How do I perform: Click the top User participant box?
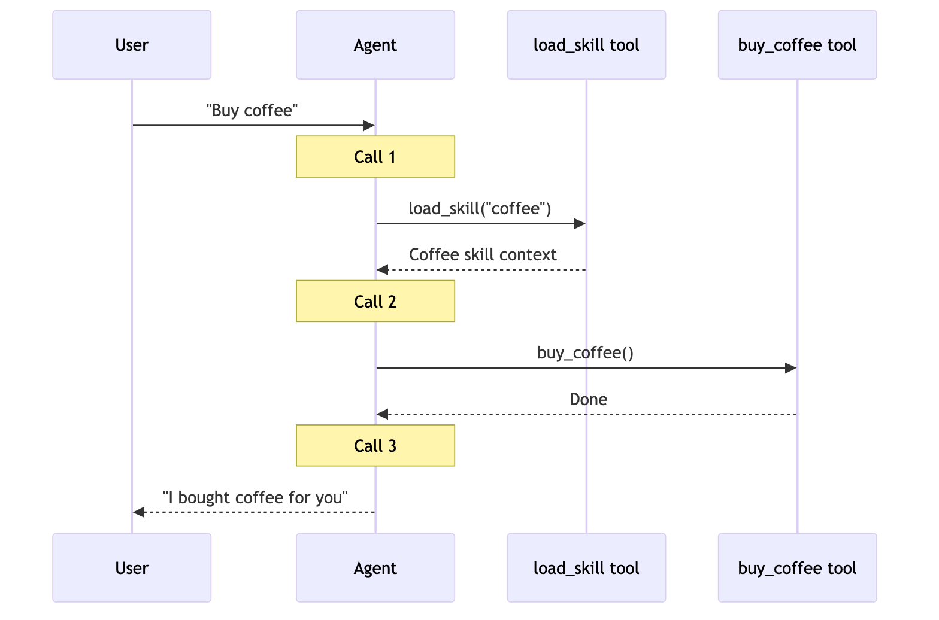132,45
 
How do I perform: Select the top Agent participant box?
375,45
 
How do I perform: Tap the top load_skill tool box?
586,45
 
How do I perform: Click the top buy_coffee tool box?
797,45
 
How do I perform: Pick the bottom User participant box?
132,567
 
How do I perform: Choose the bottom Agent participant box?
375,567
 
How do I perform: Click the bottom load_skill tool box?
586,567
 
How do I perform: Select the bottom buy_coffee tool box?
797,567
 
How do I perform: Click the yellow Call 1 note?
375,157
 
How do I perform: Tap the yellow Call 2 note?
375,301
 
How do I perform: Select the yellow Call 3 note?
375,446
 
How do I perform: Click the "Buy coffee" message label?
252,111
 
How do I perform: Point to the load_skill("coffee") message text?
480,208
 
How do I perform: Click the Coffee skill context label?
483,255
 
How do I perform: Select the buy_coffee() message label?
585,353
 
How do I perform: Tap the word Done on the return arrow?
588,399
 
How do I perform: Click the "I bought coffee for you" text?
255,497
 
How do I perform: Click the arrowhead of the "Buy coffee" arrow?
369,126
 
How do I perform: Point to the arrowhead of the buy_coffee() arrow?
790,368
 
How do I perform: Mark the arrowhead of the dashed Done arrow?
383,414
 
